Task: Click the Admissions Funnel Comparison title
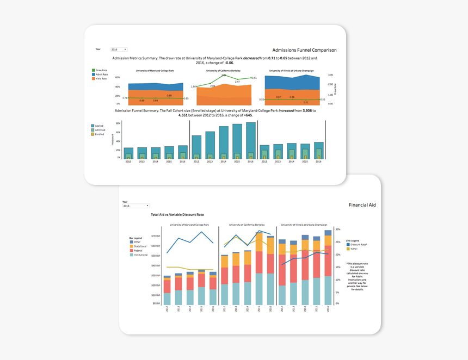(x=304, y=50)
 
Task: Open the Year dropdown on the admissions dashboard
(x=119, y=49)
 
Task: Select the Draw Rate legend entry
(x=101, y=70)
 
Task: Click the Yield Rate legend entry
(x=101, y=79)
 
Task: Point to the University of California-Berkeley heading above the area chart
(x=223, y=71)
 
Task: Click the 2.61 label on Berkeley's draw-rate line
(x=254, y=78)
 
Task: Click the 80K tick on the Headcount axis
(x=118, y=124)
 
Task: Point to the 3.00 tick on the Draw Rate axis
(x=330, y=75)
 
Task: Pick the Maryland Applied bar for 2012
(x=128, y=153)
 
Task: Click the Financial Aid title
(x=362, y=205)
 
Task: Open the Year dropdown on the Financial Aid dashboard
(x=136, y=206)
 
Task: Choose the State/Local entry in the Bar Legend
(x=141, y=246)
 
